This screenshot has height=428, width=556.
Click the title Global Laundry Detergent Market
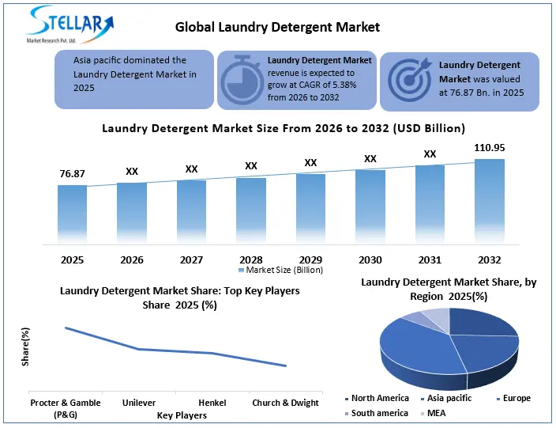(277, 27)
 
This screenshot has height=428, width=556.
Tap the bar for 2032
(490, 202)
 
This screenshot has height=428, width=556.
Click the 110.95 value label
(490, 147)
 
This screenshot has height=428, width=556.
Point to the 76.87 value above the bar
(72, 174)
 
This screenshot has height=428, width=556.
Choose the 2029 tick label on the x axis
(310, 259)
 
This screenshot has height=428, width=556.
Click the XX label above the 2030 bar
(370, 159)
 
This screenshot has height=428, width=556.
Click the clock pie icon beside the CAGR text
(242, 81)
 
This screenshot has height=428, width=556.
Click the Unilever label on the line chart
(139, 403)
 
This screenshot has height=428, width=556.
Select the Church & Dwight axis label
(285, 403)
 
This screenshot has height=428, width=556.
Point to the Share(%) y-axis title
(25, 347)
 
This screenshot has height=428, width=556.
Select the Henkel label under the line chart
(212, 403)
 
